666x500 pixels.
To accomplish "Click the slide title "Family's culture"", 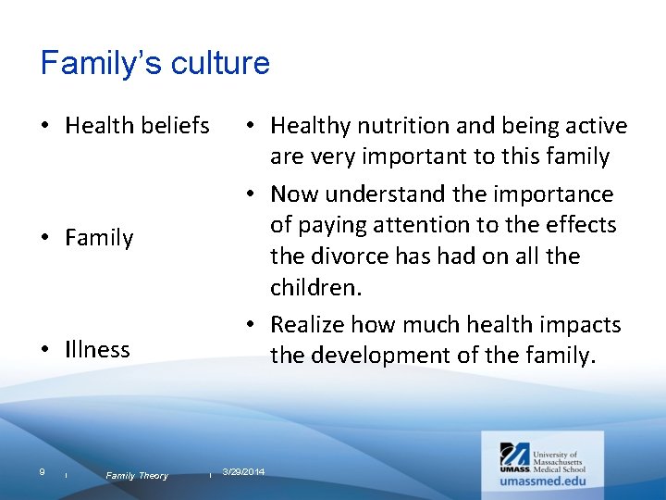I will [155, 63].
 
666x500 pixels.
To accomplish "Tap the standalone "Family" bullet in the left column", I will [99, 238].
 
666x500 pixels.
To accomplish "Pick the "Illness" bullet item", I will [97, 349].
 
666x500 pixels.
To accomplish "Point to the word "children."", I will [314, 288].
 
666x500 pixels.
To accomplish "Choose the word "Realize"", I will [312, 324].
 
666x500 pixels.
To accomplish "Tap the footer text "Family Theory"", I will [137, 475].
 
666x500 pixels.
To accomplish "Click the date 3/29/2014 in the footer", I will [243, 472].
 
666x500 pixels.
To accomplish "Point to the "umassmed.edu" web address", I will [543, 481].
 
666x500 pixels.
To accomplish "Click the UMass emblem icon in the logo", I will [514, 455].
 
